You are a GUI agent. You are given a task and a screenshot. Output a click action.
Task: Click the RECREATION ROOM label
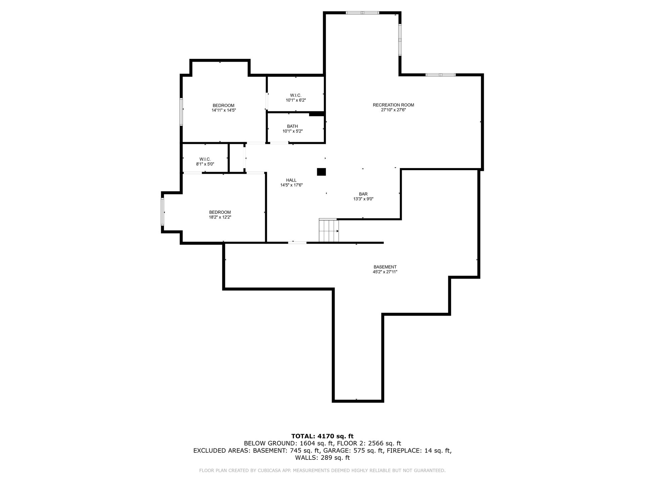coord(393,105)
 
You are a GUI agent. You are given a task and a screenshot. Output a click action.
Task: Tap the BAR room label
coord(363,194)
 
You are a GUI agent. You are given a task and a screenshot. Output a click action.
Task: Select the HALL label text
coord(291,180)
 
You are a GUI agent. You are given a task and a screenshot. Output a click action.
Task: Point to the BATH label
coord(292,126)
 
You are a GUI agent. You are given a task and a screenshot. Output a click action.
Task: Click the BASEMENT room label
coord(385,267)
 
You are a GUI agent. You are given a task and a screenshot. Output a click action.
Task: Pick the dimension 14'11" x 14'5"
coord(224,110)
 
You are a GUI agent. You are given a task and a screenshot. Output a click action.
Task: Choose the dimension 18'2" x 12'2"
coord(220,217)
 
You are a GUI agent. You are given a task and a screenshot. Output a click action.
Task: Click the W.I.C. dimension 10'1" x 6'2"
coord(296,100)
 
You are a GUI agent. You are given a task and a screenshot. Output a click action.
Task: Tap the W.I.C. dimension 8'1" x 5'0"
coord(205,164)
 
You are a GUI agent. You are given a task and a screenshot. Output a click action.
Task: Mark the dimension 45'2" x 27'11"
coord(385,272)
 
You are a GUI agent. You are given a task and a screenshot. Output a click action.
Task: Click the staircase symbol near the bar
coord(329,230)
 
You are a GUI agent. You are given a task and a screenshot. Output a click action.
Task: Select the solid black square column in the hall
coord(321,171)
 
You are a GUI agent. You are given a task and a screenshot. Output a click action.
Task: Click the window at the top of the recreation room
coord(362,13)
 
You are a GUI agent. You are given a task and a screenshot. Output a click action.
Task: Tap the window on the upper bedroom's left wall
coord(181,112)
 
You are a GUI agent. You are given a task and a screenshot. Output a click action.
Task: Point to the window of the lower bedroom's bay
coord(163,212)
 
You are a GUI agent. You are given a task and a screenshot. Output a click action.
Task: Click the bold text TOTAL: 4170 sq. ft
coord(322,436)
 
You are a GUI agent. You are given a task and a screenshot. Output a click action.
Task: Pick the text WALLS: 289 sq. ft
coord(322,457)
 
